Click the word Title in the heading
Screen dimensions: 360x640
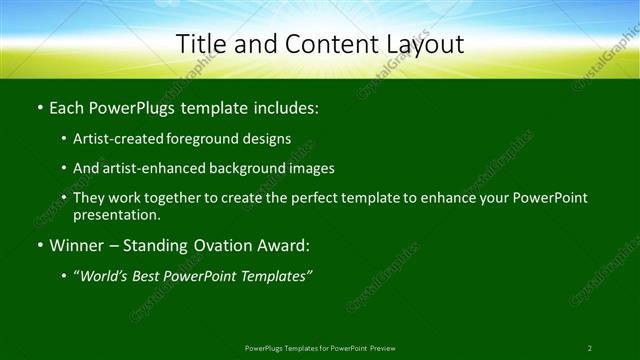[199, 44]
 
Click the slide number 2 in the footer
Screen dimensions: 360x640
[590, 348]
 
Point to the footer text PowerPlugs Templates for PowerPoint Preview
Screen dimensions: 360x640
[320, 348]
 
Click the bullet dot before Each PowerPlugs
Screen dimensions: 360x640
[39, 106]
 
